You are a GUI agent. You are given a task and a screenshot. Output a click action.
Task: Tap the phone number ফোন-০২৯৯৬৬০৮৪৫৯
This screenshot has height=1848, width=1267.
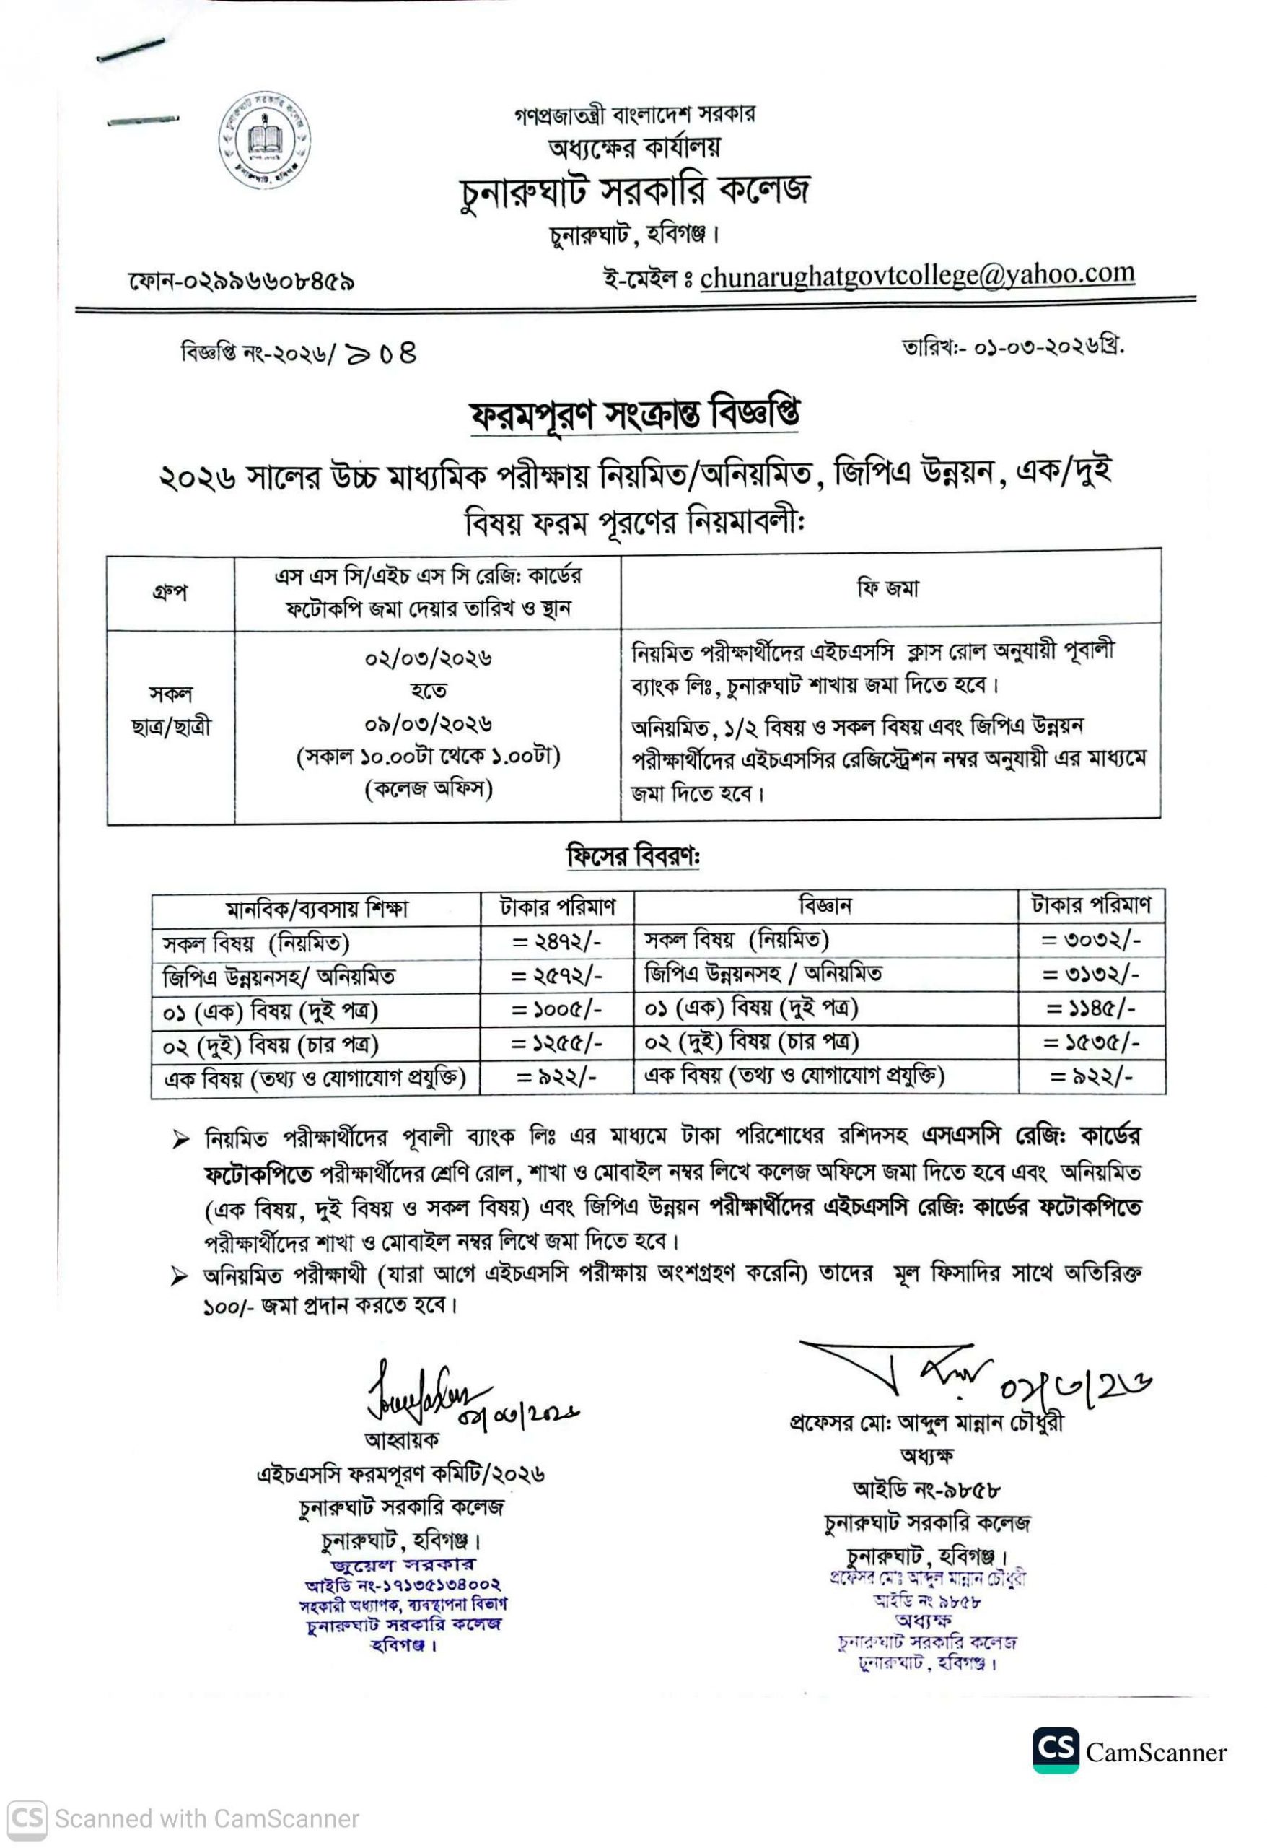pyautogui.click(x=241, y=282)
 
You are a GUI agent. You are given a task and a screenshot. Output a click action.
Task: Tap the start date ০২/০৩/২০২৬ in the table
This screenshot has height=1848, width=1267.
pyautogui.click(x=429, y=658)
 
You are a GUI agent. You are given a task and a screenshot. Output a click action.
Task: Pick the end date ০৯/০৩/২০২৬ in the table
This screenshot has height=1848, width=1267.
pyautogui.click(x=429, y=723)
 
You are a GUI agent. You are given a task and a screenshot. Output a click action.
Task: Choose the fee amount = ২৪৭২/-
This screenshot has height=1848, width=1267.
pyautogui.click(x=556, y=942)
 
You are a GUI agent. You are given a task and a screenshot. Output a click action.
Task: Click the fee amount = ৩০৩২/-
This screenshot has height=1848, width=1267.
pyautogui.click(x=1092, y=941)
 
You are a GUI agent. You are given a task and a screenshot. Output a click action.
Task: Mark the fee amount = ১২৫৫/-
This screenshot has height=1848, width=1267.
pyautogui.click(x=556, y=1042)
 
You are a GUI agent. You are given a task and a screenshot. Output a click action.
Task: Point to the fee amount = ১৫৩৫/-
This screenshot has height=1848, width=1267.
pyautogui.click(x=1092, y=1042)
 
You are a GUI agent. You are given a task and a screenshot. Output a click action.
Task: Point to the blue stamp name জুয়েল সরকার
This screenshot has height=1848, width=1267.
pyautogui.click(x=401, y=1566)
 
